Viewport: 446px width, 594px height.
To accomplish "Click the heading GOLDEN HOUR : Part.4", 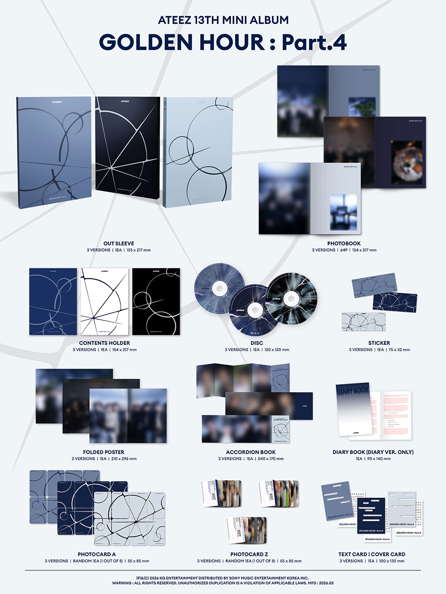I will point(223,42).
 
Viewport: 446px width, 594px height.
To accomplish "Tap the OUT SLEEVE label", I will point(119,243).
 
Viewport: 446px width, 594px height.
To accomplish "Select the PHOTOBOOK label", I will point(344,243).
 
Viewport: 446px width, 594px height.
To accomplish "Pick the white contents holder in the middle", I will point(104,301).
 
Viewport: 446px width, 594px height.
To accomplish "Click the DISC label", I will point(257,343).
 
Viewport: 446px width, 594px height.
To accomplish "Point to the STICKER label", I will point(379,343).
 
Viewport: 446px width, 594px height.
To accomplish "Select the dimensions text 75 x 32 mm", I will point(399,350).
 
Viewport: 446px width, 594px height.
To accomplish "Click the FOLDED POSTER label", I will point(104,452).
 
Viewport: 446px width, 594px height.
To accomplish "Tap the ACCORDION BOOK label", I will point(251,452).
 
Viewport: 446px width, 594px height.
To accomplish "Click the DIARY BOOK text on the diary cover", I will point(352,391).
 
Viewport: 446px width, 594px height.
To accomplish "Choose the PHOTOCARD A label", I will point(97,554).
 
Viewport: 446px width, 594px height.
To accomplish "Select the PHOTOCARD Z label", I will point(249,554).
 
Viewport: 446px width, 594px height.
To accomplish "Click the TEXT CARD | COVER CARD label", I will point(372,554).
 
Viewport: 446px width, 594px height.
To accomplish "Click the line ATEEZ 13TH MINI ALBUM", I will point(223,20).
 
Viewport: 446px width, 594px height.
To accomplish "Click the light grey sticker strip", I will point(363,321).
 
